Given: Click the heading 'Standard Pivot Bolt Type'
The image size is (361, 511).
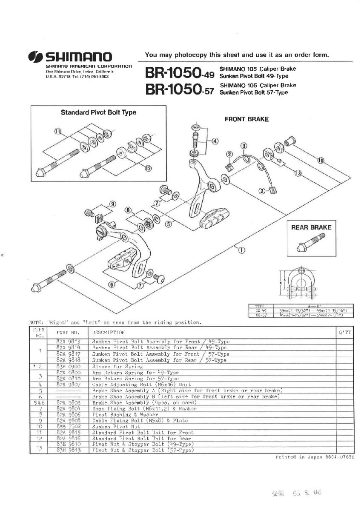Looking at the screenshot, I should click(x=98, y=112).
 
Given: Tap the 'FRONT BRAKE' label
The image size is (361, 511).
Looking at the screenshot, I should click(x=246, y=119).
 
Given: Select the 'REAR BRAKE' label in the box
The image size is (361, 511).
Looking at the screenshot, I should click(x=311, y=227).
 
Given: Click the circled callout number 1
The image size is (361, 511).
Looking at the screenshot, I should click(x=241, y=250).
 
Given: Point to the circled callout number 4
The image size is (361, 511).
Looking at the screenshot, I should click(x=215, y=141).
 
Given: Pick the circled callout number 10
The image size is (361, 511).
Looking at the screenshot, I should click(x=320, y=161).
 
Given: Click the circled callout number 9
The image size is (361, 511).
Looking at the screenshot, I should click(x=112, y=204).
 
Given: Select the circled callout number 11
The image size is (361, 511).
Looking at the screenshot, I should click(x=58, y=131).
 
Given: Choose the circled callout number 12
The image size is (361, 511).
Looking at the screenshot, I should click(x=148, y=168).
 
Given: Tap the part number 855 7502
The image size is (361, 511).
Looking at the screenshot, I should click(x=68, y=426).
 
